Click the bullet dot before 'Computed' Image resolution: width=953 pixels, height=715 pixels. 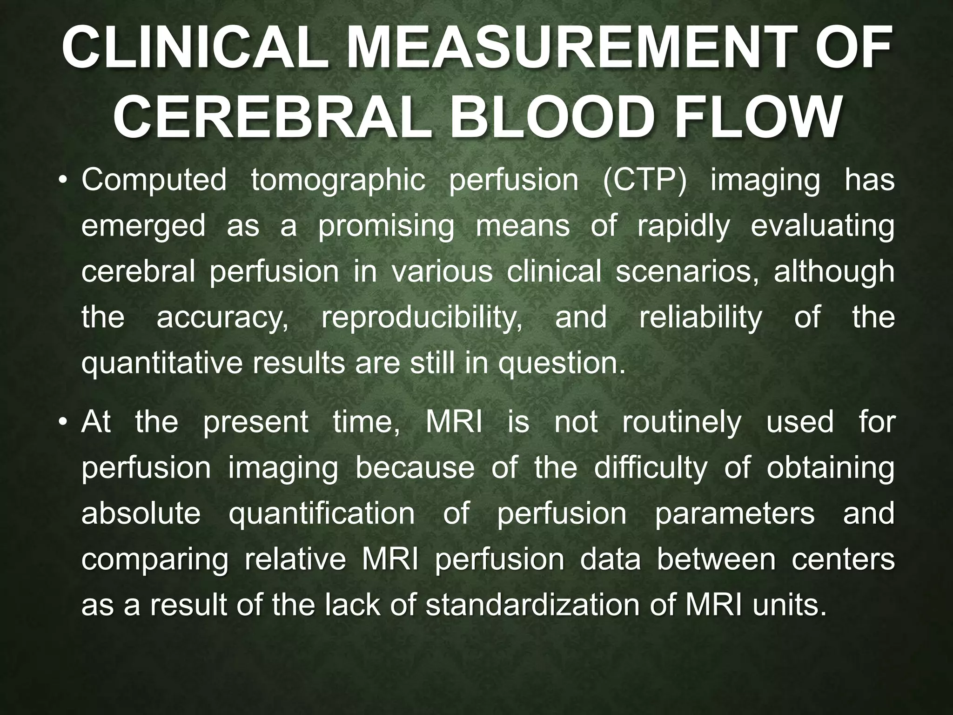(65, 182)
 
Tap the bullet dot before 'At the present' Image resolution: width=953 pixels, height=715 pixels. (65, 423)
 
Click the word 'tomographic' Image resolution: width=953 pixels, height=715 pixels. (338, 181)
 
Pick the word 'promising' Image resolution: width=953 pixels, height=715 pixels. (386, 227)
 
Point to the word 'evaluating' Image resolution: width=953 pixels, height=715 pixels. (822, 227)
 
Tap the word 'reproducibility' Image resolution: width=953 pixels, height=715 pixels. (422, 318)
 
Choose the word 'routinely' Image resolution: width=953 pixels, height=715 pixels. (681, 422)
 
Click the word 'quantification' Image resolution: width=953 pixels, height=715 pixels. (322, 513)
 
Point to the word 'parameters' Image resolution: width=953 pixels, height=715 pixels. (735, 513)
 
